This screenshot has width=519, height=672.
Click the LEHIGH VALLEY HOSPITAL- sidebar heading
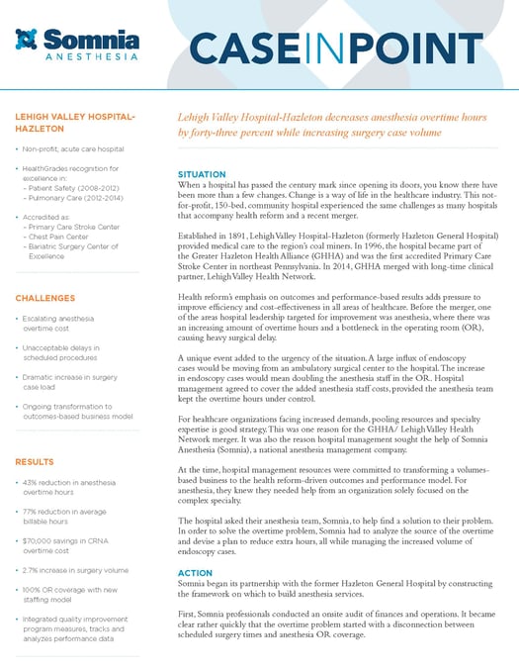coord(75,117)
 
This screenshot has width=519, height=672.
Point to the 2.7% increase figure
coord(32,570)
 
